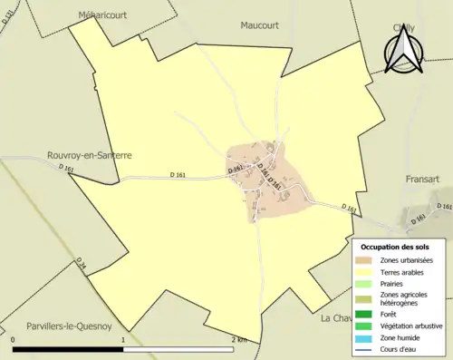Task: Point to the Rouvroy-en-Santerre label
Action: [90, 155]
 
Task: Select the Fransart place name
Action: [422, 180]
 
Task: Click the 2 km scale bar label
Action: [239, 339]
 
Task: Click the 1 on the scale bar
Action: [123, 339]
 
